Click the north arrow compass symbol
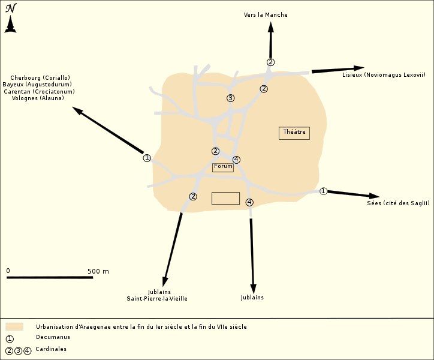(10, 18)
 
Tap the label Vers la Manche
(266, 15)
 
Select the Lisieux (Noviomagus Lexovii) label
(384, 75)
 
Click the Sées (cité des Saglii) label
(398, 203)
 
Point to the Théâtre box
(294, 133)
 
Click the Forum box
(223, 167)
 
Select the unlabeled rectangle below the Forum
(225, 199)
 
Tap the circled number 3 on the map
(230, 98)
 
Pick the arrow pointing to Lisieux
(337, 70)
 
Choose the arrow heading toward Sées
(354, 194)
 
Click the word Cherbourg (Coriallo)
(40, 77)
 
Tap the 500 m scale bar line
(50, 277)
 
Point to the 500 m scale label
(98, 271)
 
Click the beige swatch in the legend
(14, 327)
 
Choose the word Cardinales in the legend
(51, 349)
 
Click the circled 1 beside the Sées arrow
(323, 191)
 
